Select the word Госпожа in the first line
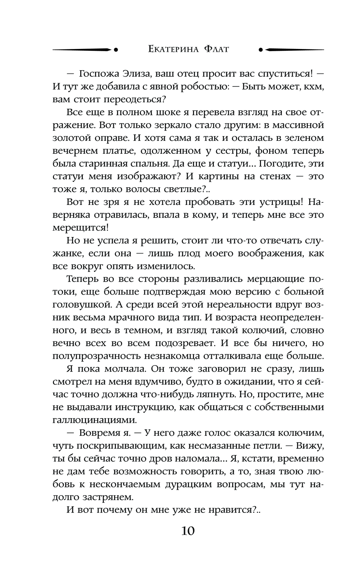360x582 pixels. [x=98, y=73]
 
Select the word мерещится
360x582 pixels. [x=80, y=228]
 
